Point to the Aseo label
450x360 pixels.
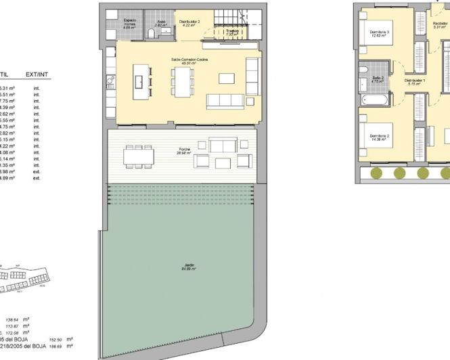161,23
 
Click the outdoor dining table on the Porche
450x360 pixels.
138,156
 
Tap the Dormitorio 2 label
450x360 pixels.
379,137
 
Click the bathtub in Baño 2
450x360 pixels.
374,99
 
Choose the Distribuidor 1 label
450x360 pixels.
414,81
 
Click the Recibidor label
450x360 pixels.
440,25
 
